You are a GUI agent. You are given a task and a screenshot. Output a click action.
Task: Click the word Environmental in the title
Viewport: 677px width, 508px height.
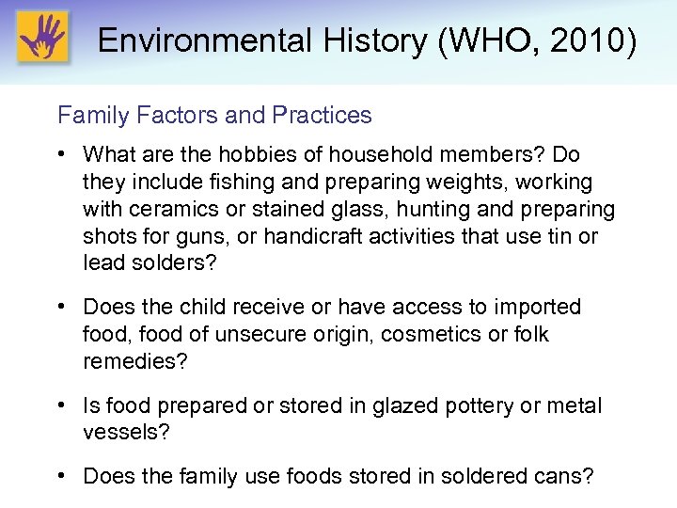tap(191, 40)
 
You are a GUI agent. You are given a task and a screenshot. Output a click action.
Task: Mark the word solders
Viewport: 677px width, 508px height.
tap(172, 263)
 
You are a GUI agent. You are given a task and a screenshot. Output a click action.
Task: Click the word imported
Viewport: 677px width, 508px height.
tap(532, 307)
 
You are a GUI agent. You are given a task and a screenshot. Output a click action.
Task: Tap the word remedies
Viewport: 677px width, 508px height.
tap(129, 361)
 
